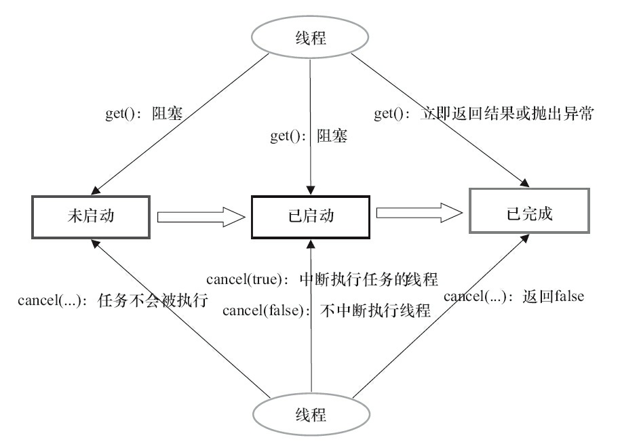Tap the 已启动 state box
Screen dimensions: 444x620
click(310, 216)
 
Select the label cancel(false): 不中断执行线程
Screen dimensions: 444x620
click(327, 311)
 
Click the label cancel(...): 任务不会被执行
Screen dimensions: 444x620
click(113, 300)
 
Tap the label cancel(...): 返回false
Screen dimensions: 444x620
click(514, 296)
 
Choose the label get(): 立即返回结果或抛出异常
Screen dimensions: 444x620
click(484, 115)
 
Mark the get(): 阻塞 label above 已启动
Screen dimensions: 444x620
click(307, 137)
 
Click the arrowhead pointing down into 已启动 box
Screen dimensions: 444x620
click(310, 190)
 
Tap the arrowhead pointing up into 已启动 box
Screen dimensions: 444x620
click(310, 242)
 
